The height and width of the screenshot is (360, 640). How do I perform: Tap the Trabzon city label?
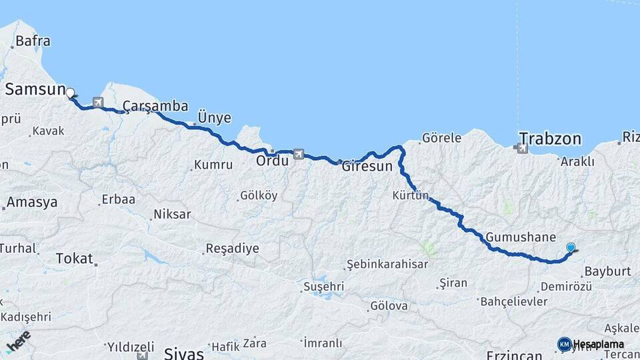click(550, 139)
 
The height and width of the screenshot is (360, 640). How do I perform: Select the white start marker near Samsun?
click(70, 93)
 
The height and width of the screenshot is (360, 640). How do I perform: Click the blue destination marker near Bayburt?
click(571, 248)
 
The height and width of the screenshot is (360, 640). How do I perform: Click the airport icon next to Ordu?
click(297, 154)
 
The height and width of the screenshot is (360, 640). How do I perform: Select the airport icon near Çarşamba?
click(99, 103)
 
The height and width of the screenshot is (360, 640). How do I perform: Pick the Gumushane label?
click(521, 237)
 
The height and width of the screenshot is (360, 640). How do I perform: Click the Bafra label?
click(33, 41)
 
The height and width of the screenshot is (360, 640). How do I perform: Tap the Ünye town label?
click(214, 118)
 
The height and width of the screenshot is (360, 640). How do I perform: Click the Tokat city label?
click(74, 258)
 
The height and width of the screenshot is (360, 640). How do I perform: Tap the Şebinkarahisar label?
click(387, 265)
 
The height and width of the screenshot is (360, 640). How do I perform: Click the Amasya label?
click(32, 203)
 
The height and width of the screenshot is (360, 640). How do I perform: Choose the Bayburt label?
click(607, 272)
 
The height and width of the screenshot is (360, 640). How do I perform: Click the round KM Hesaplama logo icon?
click(565, 344)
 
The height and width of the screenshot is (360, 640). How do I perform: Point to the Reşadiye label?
click(231, 249)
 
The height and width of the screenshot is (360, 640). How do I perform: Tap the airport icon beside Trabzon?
click(521, 149)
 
